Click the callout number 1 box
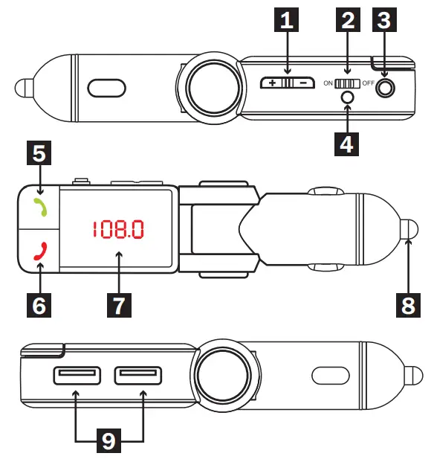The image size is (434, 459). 286,22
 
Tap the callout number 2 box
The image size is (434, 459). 347,22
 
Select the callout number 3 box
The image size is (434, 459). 383,22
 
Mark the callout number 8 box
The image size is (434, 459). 408,304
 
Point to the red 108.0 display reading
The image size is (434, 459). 117,230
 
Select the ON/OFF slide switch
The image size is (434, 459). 346,83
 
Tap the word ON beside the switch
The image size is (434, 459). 327,83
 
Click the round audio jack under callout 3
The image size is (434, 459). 385,87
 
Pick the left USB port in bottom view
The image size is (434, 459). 77,376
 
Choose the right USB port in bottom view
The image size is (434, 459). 138,376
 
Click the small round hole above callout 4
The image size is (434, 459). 346,97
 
